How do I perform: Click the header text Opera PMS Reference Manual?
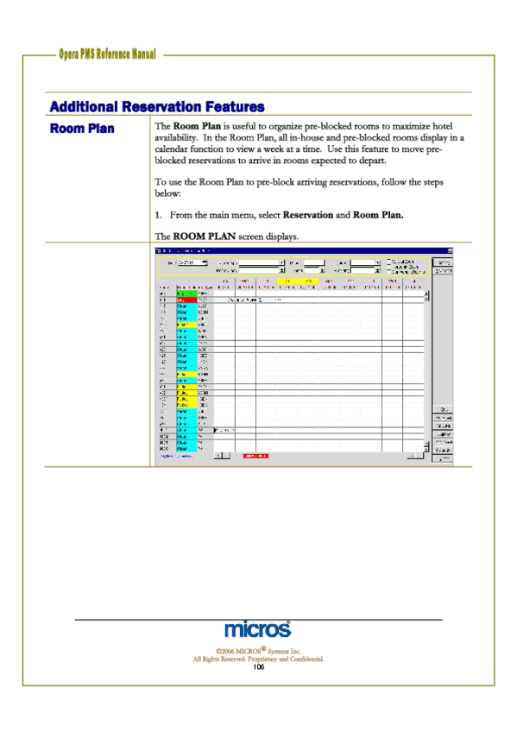point(107,54)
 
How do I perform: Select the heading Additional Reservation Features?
point(157,107)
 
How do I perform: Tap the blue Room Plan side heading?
point(82,129)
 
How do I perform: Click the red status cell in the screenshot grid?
point(186,300)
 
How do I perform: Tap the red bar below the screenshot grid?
point(255,455)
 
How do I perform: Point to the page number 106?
point(258,667)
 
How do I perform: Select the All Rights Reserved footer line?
point(258,659)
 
